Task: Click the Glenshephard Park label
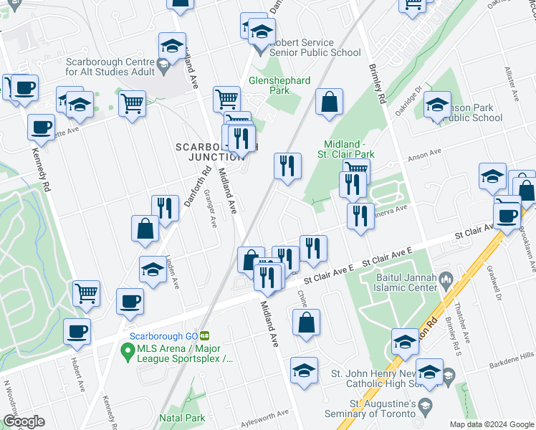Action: (x=279, y=86)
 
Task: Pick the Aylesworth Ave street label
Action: (x=264, y=414)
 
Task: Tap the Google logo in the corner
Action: (x=24, y=421)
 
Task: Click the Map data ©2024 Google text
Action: (x=491, y=424)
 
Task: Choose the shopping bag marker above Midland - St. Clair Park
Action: (x=329, y=103)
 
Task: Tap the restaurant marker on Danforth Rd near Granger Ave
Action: (x=166, y=209)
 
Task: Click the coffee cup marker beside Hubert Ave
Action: (x=77, y=332)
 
